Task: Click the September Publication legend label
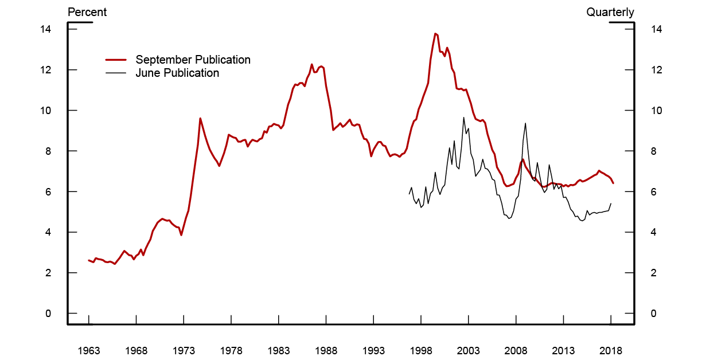[193, 60]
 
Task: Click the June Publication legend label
[177, 73]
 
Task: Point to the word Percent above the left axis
[87, 12]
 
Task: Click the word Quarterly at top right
[610, 12]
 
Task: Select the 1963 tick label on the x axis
[88, 350]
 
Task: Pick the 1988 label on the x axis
[326, 350]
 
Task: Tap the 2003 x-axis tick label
[468, 350]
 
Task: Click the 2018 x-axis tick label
[610, 350]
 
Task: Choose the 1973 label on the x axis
[184, 350]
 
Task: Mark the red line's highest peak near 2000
[435, 34]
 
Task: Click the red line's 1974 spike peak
[200, 118]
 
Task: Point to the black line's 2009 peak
[525, 123]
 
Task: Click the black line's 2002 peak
[463, 118]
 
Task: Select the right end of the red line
[613, 183]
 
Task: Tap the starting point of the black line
[409, 194]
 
